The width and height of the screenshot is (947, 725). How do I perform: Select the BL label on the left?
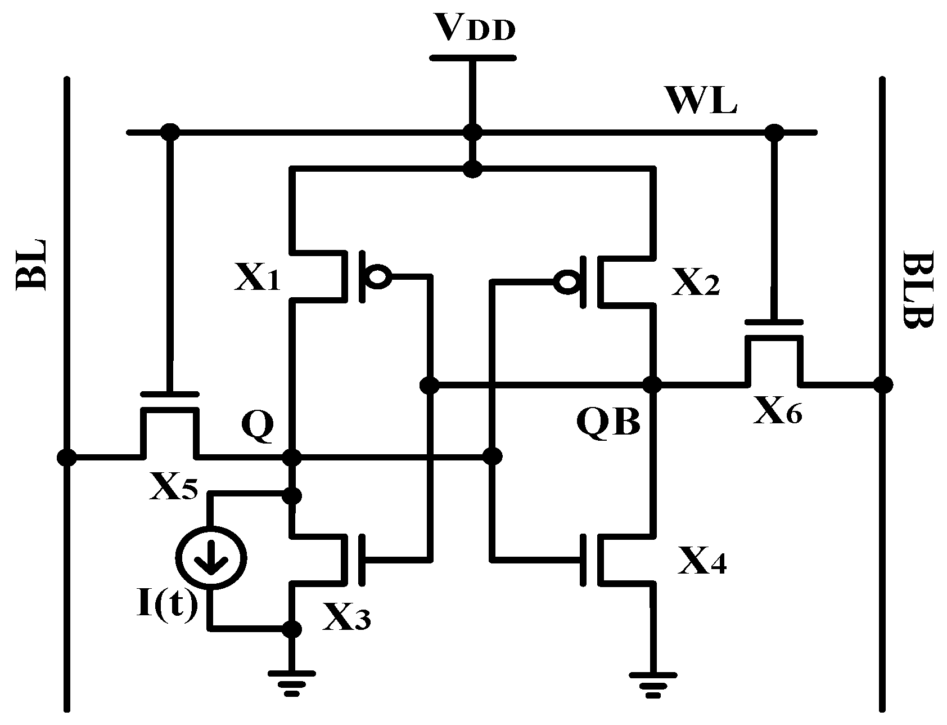33,265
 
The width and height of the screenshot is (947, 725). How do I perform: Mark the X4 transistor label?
702,560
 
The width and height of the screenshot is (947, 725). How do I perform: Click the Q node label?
257,425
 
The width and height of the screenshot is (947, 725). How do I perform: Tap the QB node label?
608,420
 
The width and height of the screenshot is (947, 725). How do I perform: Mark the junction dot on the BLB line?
882,385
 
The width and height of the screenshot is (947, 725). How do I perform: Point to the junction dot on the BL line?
67,457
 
